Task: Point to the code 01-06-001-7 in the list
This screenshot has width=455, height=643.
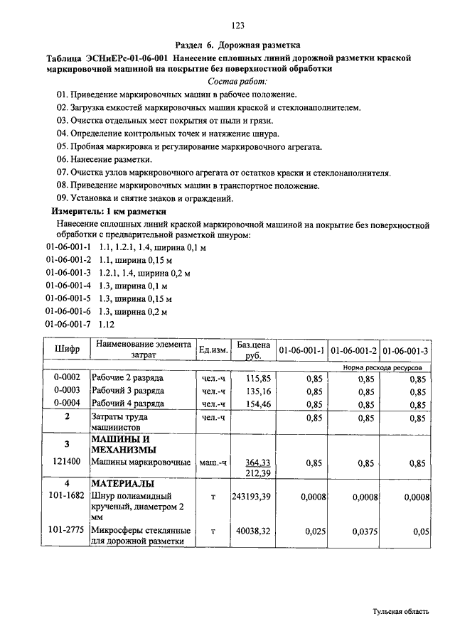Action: pyautogui.click(x=68, y=324)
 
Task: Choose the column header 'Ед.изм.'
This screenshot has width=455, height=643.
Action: pyautogui.click(x=213, y=350)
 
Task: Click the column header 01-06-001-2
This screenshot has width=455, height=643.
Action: pyautogui.click(x=353, y=350)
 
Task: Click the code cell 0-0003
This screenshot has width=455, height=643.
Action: pyautogui.click(x=67, y=391)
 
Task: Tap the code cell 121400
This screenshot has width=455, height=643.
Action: pyautogui.click(x=67, y=463)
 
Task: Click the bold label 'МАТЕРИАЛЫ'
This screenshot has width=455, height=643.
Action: pyautogui.click(x=119, y=483)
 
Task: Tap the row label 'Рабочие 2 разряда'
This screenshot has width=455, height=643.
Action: pyautogui.click(x=128, y=378)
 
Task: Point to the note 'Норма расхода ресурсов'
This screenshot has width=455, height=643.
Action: pyautogui.click(x=382, y=368)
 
